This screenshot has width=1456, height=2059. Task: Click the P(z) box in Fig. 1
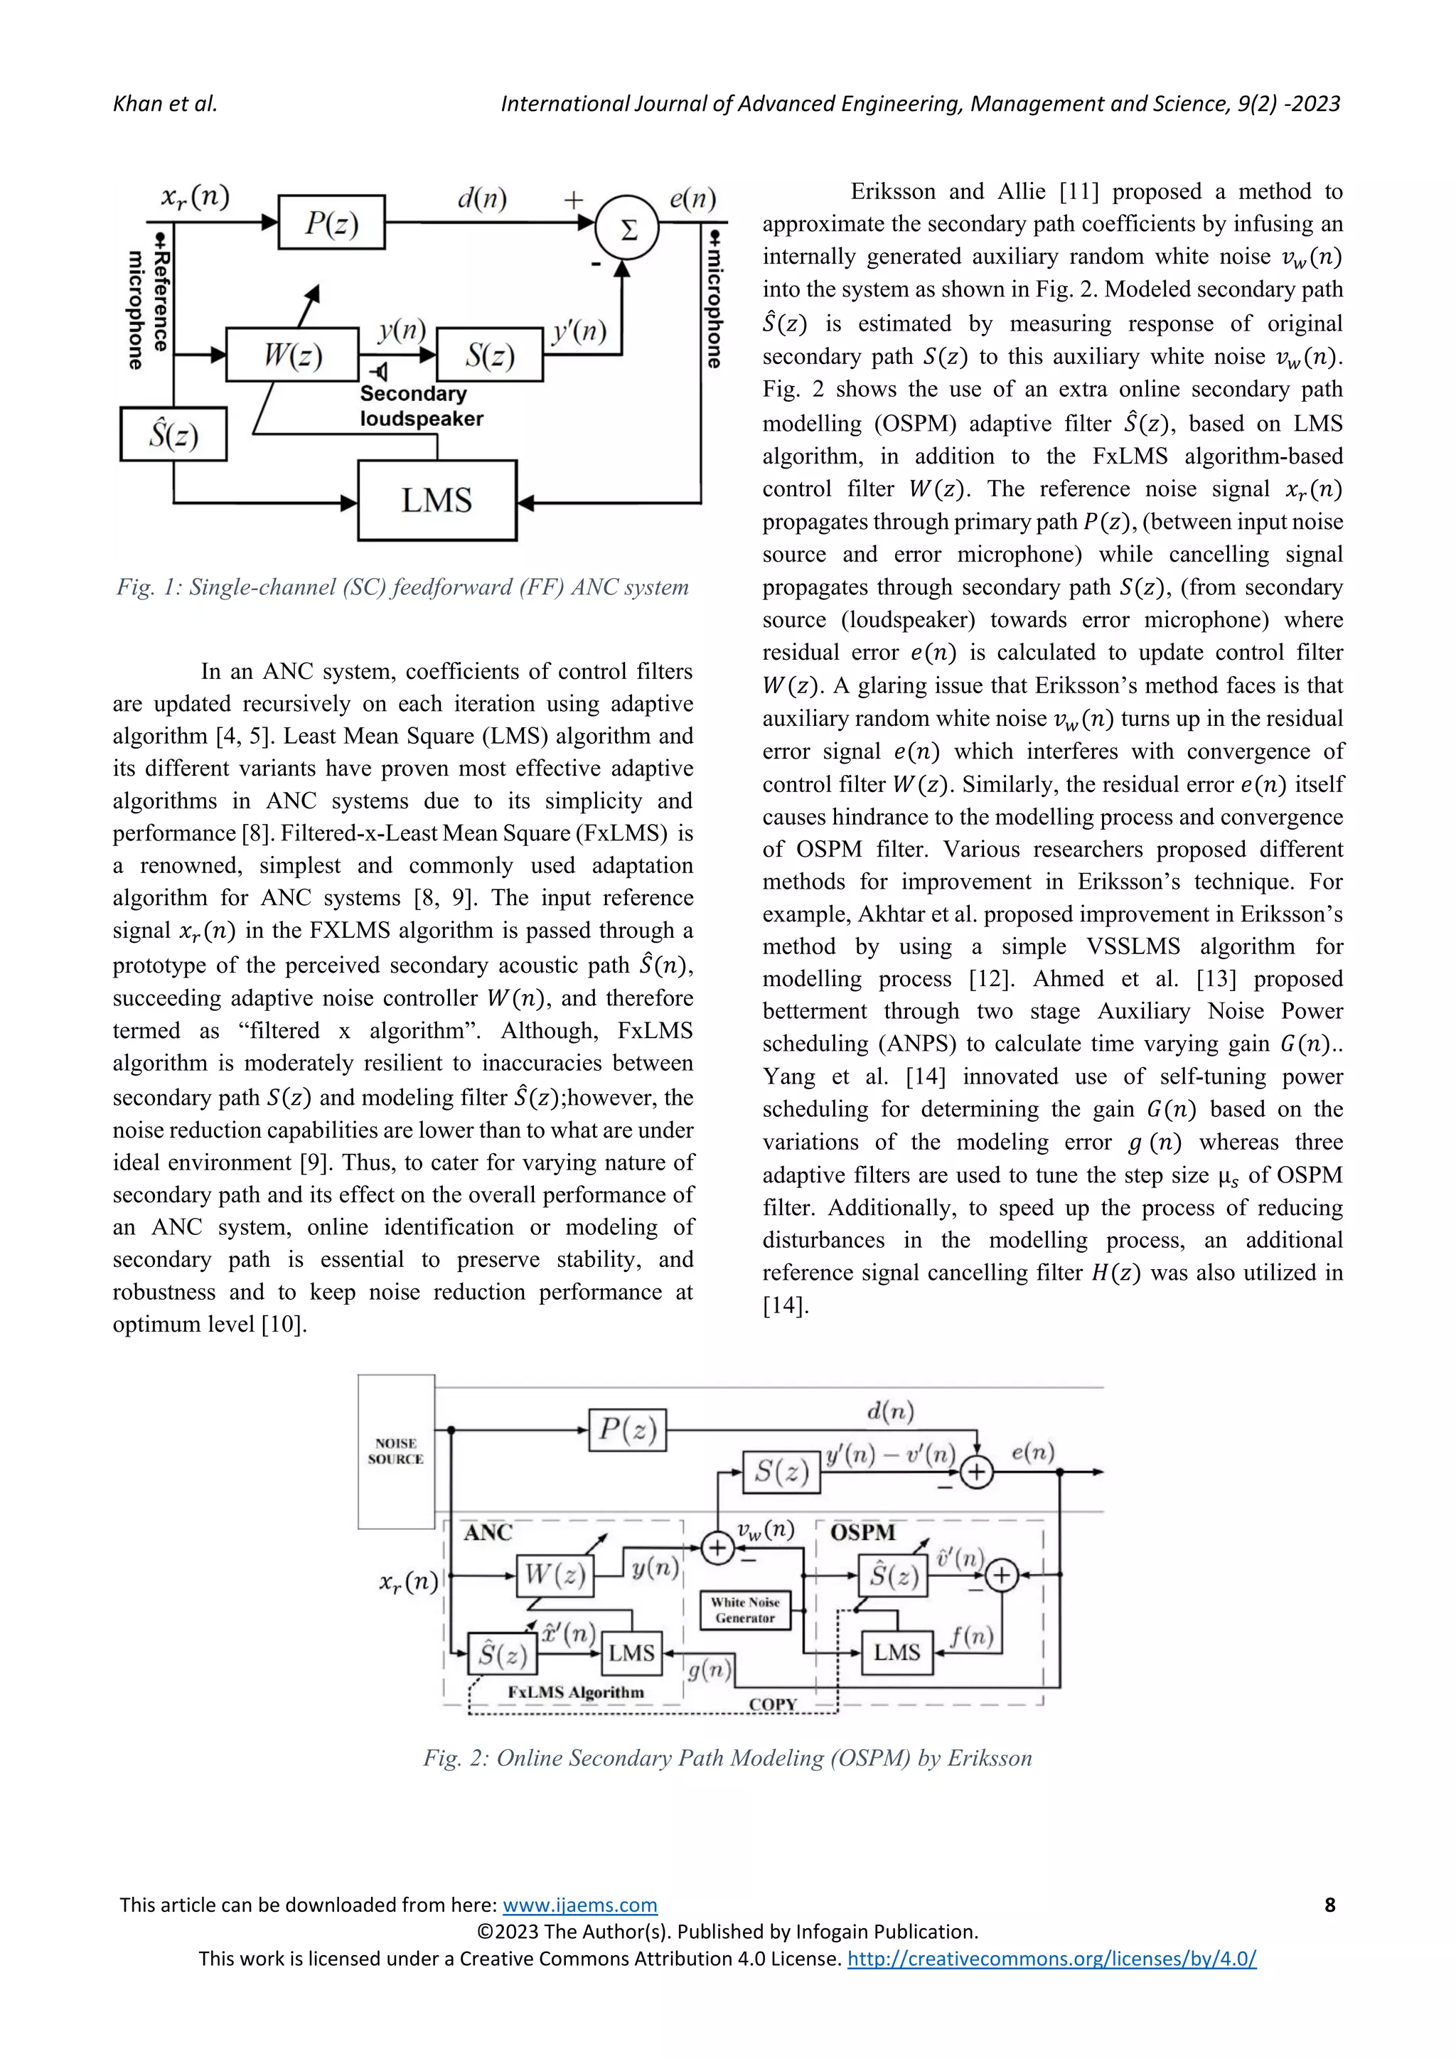click(x=332, y=222)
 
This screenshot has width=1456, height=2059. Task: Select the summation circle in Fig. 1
click(x=628, y=229)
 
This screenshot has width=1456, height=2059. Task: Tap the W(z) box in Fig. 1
click(x=292, y=355)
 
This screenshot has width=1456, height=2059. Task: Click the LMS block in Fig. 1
click(x=437, y=501)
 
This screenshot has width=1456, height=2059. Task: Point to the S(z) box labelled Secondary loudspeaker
click(x=490, y=355)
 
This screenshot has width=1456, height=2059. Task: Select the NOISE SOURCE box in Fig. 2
click(x=395, y=1451)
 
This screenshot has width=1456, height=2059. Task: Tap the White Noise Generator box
click(x=745, y=1610)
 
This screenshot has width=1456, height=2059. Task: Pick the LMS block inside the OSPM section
click(x=896, y=1652)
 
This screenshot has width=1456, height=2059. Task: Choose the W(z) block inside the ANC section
click(x=556, y=1575)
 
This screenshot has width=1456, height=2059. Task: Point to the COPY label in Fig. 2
click(x=773, y=1704)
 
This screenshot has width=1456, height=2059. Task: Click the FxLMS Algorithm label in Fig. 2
click(x=576, y=1692)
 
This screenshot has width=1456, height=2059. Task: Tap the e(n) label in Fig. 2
click(x=1033, y=1452)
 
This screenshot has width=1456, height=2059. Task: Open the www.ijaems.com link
click(x=580, y=1905)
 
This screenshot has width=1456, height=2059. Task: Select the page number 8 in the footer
click(x=1329, y=1905)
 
